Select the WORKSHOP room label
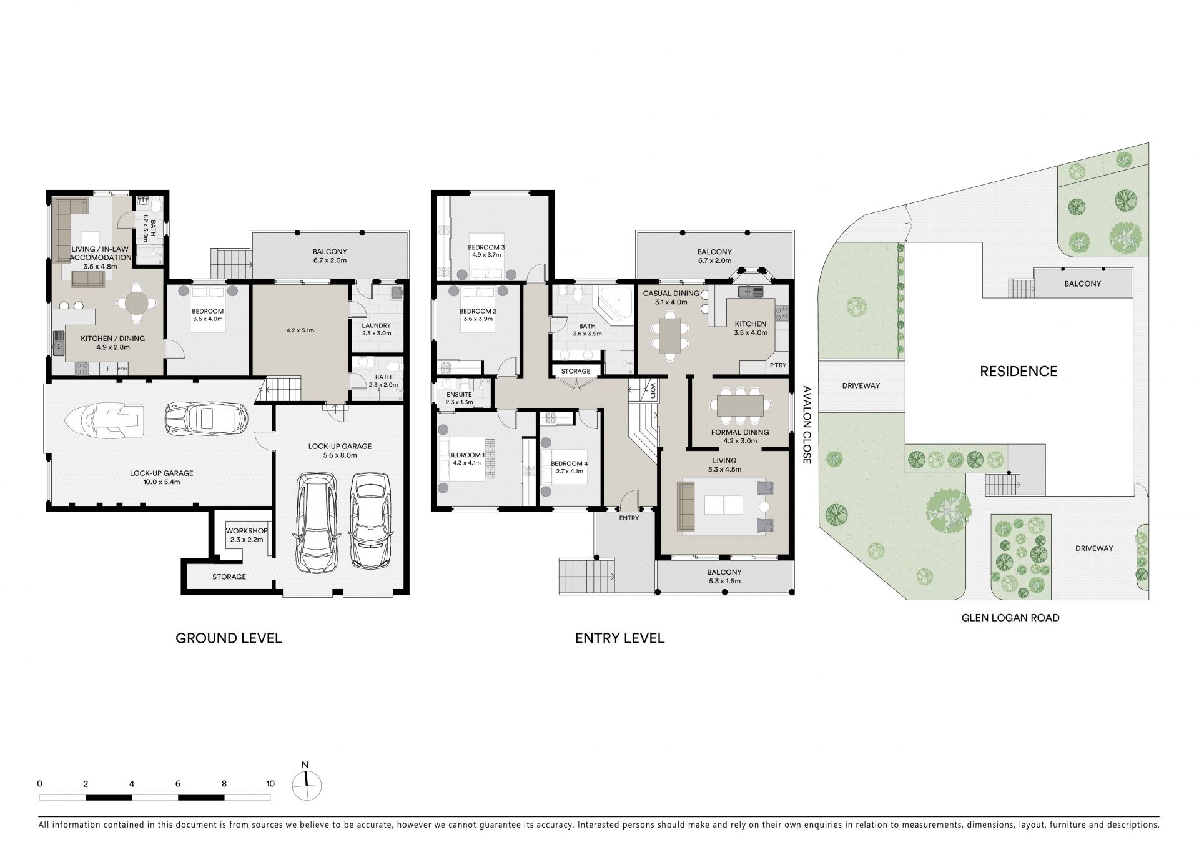click(247, 531)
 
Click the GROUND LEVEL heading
click(229, 638)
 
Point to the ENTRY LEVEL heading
click(619, 638)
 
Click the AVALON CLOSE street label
click(806, 425)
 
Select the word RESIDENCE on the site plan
click(1019, 372)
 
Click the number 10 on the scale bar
click(270, 783)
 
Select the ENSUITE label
click(459, 395)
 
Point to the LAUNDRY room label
click(376, 325)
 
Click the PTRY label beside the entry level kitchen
click(778, 365)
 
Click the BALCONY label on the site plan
click(1083, 284)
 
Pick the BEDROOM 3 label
click(486, 247)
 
